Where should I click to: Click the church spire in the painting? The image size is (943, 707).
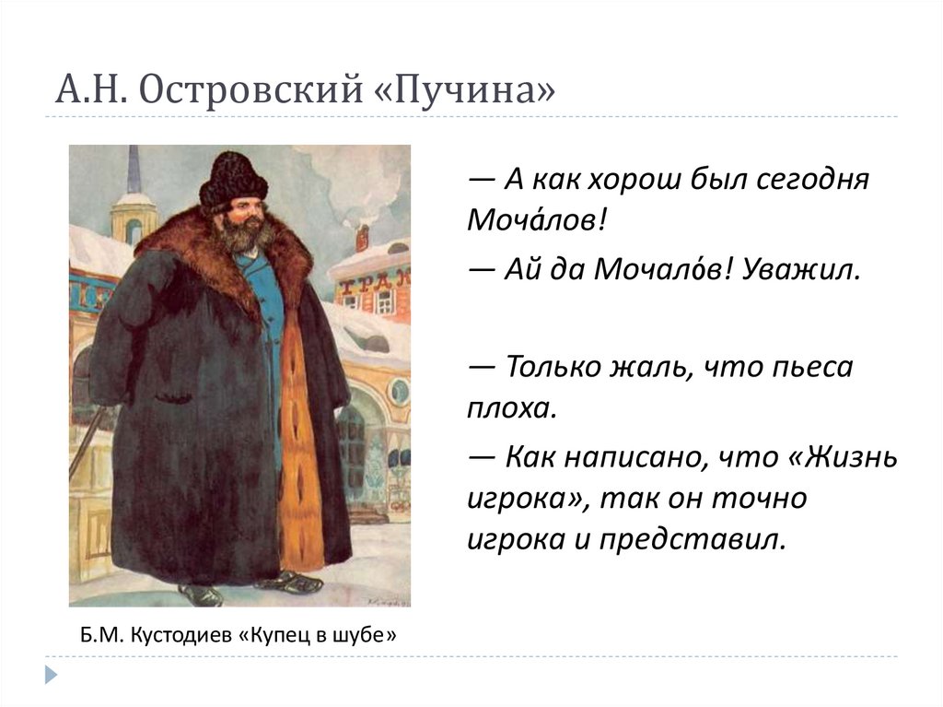point(134,171)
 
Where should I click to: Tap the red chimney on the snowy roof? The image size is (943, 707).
point(362,238)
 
